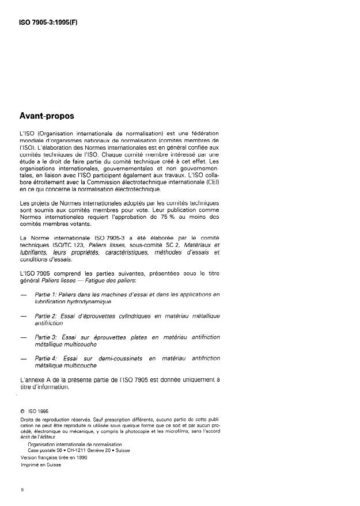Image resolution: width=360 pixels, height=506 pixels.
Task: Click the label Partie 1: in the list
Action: pos(48,294)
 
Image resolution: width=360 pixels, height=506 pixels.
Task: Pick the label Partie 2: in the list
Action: pos(48,316)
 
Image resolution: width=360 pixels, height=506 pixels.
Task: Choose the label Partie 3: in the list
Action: pos(48,337)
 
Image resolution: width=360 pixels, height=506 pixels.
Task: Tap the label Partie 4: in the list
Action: pos(48,358)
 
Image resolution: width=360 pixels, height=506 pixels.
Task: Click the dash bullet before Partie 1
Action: pos(23,294)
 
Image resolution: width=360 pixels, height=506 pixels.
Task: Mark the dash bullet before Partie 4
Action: pos(23,358)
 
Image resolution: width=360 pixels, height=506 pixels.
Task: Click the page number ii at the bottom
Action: pos(21,489)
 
